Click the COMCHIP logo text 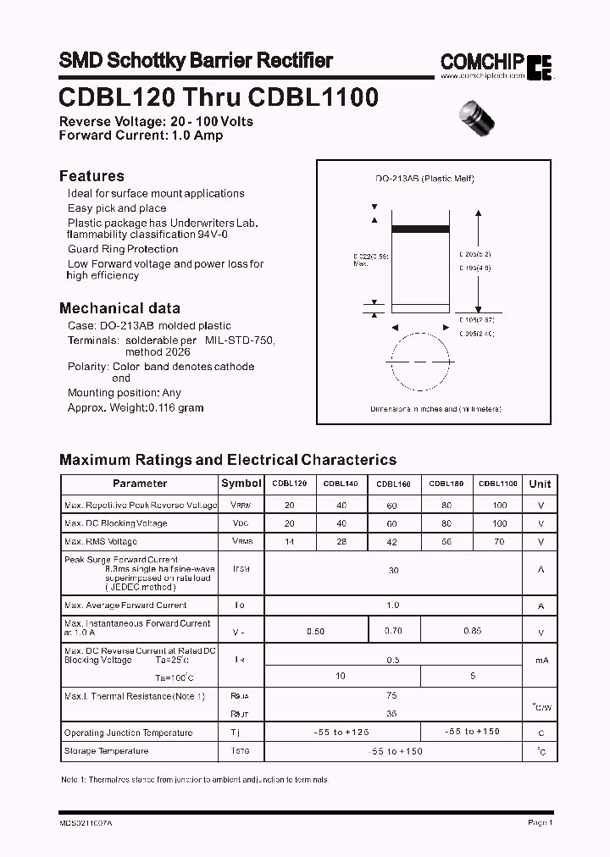click(x=482, y=61)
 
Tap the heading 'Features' click(x=91, y=176)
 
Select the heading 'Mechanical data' click(x=119, y=308)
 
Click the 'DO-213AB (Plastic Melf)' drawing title click(x=424, y=179)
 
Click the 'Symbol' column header click(x=241, y=484)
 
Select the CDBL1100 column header click(x=498, y=484)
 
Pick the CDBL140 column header click(x=341, y=484)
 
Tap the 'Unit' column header click(x=540, y=484)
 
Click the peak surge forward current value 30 click(x=393, y=571)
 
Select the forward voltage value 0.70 click(x=394, y=631)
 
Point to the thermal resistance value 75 click(x=391, y=695)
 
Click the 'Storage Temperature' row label click(x=106, y=751)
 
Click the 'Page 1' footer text click(x=540, y=822)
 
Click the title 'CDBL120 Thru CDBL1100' click(x=219, y=97)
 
